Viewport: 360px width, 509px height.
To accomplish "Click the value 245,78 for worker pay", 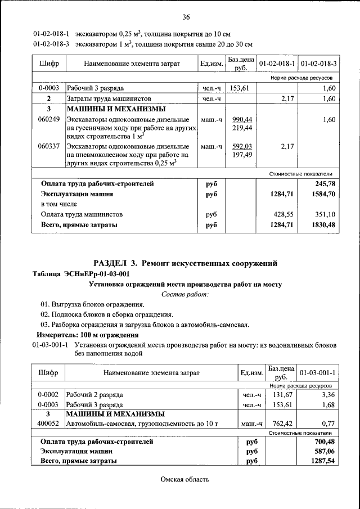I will pyautogui.click(x=325, y=184).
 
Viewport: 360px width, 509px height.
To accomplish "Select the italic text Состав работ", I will pyautogui.click(x=185, y=294).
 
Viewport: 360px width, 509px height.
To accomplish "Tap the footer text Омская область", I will pyautogui.click(x=184, y=480).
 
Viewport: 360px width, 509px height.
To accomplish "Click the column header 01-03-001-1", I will pyautogui.click(x=318, y=373).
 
